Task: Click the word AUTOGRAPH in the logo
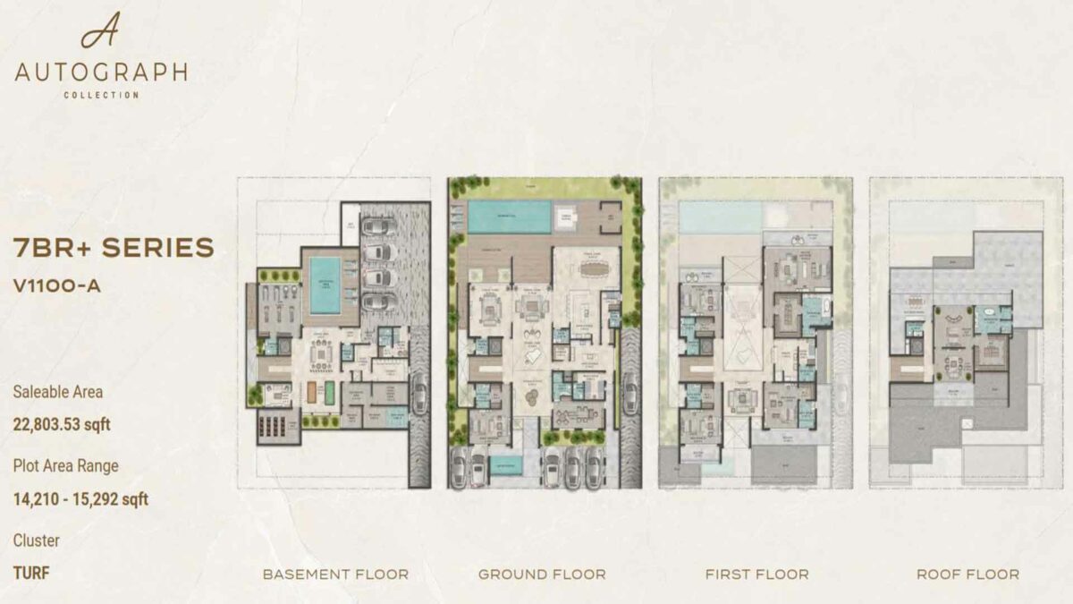coord(101,72)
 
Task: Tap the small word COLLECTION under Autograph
coord(101,95)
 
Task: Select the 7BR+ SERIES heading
coord(114,248)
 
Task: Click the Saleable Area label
coord(57,391)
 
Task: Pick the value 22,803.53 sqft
coord(62,424)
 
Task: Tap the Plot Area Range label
coord(65,465)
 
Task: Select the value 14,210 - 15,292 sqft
coord(80,498)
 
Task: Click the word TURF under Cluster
coord(31,573)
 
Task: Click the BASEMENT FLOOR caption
coord(335,574)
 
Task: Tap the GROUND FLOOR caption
coord(542,574)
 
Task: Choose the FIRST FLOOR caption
coord(756,574)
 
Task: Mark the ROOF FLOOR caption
coord(967,574)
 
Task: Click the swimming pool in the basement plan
coord(324,285)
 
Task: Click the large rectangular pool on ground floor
coord(510,217)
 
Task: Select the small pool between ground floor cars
coord(508,465)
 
